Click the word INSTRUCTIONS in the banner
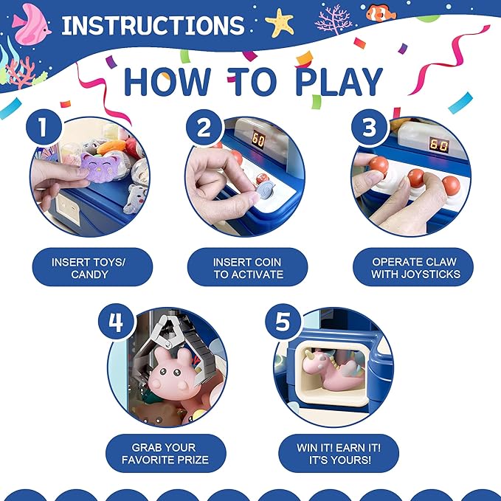pyautogui.click(x=153, y=25)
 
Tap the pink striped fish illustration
pyautogui.click(x=31, y=24)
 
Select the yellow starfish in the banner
pyautogui.click(x=280, y=22)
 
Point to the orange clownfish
pyautogui.click(x=381, y=13)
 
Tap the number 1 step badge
pyautogui.click(x=44, y=127)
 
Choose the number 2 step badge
pyautogui.click(x=204, y=128)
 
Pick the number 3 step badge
pyautogui.click(x=370, y=127)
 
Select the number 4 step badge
pyautogui.click(x=116, y=322)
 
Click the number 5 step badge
pyautogui.click(x=283, y=322)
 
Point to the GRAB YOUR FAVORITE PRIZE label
pyautogui.click(x=166, y=453)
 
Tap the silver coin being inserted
pyautogui.click(x=265, y=190)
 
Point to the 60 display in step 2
pyautogui.click(x=258, y=139)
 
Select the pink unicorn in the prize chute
pyautogui.click(x=333, y=367)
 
